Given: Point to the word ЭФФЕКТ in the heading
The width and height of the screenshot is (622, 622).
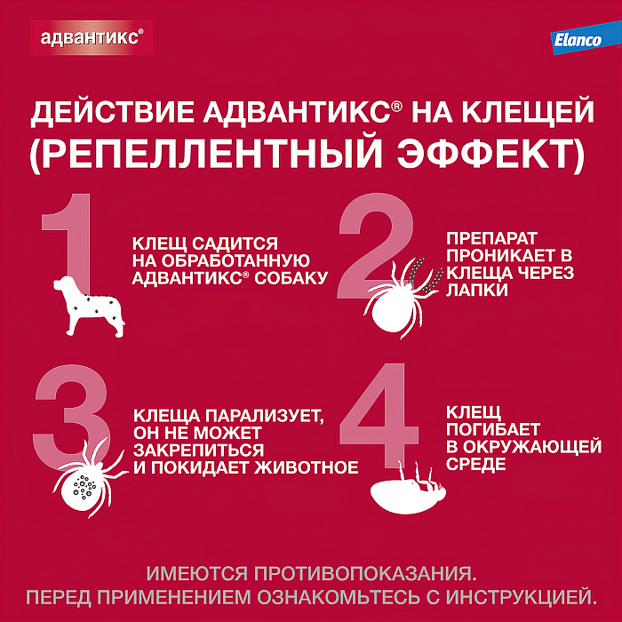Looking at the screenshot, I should pyautogui.click(x=494, y=156).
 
